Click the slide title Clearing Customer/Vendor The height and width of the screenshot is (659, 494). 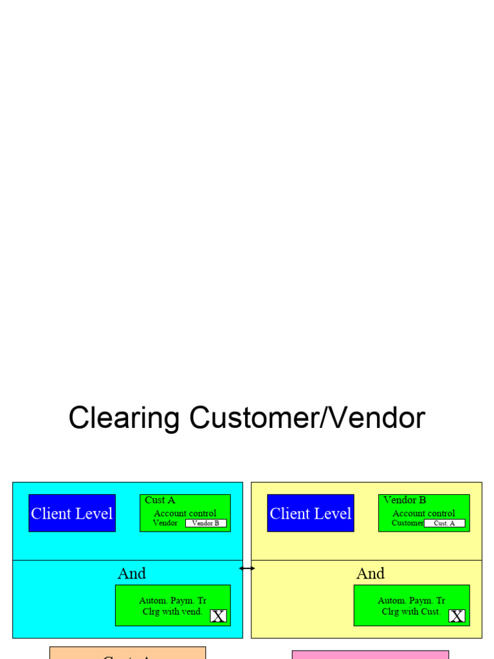click(247, 418)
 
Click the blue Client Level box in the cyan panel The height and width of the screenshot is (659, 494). click(72, 513)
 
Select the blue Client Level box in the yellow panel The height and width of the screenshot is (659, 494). click(311, 513)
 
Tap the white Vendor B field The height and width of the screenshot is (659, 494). click(206, 523)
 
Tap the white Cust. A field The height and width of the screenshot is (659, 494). click(444, 523)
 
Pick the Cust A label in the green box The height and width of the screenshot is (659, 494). click(160, 500)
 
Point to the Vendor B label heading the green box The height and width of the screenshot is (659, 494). click(405, 500)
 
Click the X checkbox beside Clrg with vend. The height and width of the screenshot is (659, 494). click(219, 616)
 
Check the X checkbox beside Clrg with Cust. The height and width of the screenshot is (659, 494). click(457, 616)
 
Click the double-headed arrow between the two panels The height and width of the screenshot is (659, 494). click(247, 568)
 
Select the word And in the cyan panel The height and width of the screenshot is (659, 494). click(132, 573)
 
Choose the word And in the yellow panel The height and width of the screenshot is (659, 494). click(370, 573)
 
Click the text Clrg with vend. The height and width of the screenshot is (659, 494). click(172, 611)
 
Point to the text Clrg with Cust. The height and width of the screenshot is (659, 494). click(411, 611)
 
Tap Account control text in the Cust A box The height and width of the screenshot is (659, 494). click(185, 514)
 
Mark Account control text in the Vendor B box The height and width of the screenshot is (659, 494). click(424, 514)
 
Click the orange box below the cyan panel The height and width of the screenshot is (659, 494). click(127, 653)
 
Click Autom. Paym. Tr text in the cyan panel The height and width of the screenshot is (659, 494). click(173, 600)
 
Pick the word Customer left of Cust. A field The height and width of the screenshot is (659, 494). click(407, 523)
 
